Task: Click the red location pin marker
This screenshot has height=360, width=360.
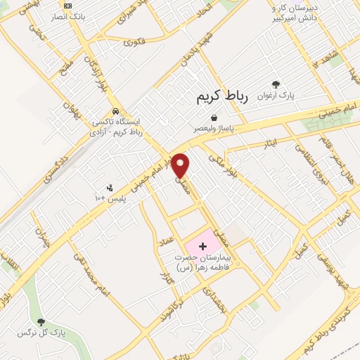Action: coord(181,165)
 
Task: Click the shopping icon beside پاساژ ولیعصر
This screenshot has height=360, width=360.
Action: coord(213,118)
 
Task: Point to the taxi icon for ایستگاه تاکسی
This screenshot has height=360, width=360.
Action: coord(115,112)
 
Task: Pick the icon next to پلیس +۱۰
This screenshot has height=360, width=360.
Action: coord(109,188)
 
